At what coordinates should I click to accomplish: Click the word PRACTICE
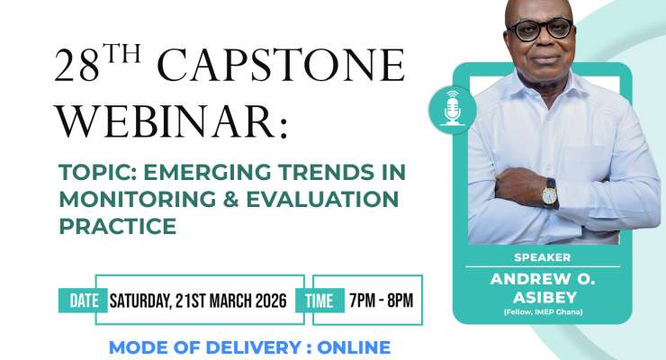117,227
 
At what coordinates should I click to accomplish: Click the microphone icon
452,109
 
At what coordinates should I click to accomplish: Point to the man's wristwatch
549,190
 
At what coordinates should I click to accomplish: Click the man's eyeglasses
540,29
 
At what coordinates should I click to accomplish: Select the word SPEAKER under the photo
543,256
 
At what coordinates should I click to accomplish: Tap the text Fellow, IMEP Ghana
543,311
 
